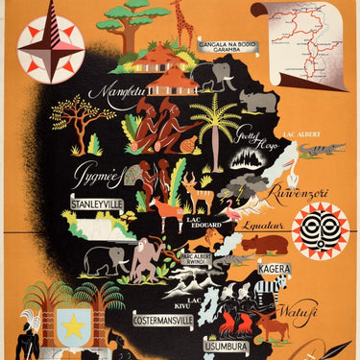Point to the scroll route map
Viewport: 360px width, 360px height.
[x=298, y=39]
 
